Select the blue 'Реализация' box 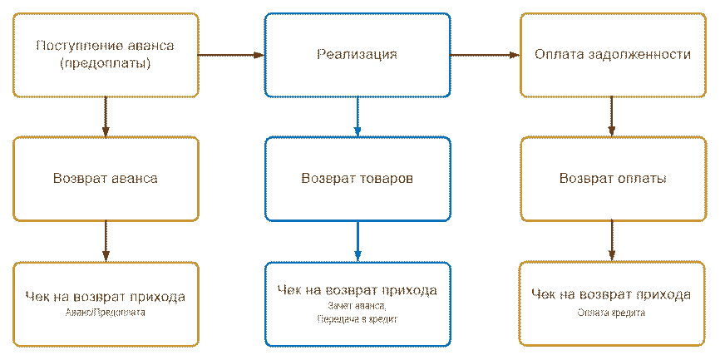click(358, 55)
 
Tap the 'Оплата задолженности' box click(613, 55)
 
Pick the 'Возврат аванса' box click(106, 179)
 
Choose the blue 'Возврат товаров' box click(358, 179)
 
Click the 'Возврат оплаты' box click(613, 179)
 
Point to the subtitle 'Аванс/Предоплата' click(105, 313)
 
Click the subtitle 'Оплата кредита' click(611, 313)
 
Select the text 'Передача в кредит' click(358, 318)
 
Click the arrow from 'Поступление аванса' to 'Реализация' click(232, 55)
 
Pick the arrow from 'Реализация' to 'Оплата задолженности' click(485, 55)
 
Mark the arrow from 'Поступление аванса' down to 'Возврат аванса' click(106, 116)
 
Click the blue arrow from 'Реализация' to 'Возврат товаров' click(358, 116)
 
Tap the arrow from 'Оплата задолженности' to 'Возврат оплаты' click(613, 116)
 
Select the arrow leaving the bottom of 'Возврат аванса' click(106, 241)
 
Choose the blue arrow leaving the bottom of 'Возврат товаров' click(358, 241)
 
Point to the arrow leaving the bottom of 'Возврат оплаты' click(613, 241)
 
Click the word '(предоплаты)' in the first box click(106, 63)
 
